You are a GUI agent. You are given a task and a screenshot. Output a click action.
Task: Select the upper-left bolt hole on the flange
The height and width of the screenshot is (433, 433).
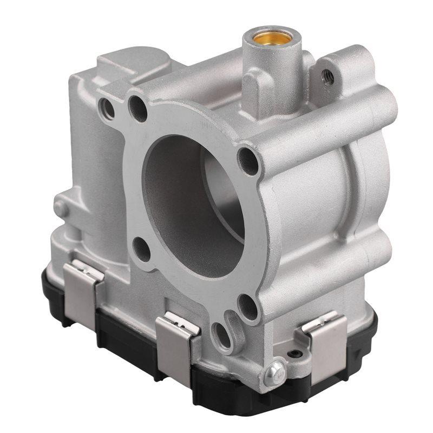point(139,110)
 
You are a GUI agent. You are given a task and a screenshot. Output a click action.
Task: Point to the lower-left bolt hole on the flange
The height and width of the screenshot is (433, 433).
point(141,249)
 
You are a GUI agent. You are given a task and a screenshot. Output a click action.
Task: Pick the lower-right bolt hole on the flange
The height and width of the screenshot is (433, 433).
point(248,306)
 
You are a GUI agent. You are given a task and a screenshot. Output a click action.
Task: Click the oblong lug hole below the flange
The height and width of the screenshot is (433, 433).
point(220,334)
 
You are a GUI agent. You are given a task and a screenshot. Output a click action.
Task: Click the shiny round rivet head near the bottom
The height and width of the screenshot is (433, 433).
point(274,372)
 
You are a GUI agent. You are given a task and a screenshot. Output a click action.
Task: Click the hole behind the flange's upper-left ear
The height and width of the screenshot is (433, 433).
point(108,109)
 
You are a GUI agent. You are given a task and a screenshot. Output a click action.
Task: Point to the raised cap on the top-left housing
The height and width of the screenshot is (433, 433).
point(130,65)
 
